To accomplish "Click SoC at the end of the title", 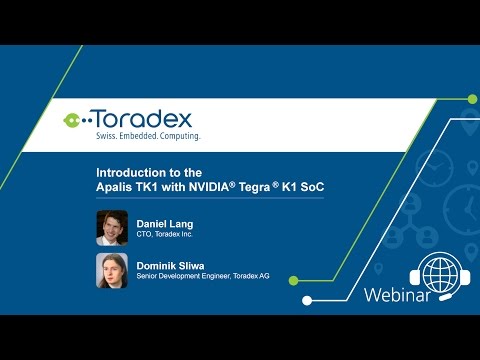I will (x=311, y=185).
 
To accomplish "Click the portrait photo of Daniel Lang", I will (x=112, y=227).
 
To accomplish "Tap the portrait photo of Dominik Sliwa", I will (x=112, y=269).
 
